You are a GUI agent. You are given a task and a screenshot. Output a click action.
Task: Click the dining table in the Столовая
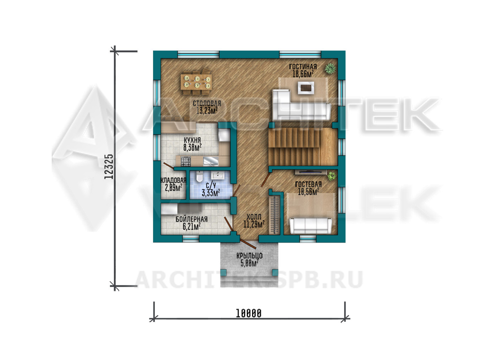(x=196, y=82)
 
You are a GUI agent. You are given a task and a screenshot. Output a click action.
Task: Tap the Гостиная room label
(x=303, y=67)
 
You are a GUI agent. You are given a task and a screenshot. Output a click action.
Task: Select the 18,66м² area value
(x=303, y=74)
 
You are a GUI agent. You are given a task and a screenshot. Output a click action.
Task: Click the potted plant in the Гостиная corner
(x=330, y=68)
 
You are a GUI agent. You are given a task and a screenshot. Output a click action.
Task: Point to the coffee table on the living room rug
(x=306, y=88)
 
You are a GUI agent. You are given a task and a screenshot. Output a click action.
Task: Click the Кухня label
(x=192, y=140)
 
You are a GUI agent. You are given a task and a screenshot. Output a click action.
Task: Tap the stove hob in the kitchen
(x=186, y=161)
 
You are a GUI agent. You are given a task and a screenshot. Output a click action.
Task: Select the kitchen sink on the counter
(x=211, y=161)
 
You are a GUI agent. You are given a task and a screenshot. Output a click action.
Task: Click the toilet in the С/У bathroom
(x=200, y=177)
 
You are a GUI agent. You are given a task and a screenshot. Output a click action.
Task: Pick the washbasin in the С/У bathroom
(x=217, y=176)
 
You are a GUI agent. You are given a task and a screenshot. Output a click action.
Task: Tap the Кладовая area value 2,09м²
(x=174, y=188)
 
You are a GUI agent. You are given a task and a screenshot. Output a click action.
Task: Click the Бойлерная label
(x=191, y=219)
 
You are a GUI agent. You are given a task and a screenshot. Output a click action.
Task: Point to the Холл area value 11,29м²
(x=254, y=224)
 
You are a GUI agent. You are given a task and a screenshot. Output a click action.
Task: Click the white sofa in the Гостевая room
(x=311, y=226)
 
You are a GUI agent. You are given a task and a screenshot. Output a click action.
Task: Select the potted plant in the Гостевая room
(x=332, y=176)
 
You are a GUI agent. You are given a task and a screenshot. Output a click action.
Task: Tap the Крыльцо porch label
(x=249, y=256)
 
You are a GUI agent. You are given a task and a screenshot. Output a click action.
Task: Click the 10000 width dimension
(x=248, y=314)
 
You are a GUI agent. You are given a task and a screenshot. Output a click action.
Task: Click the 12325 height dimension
(x=109, y=167)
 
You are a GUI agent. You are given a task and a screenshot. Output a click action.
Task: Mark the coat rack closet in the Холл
(x=275, y=215)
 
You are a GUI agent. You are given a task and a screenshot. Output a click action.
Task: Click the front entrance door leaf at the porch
(x=248, y=244)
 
